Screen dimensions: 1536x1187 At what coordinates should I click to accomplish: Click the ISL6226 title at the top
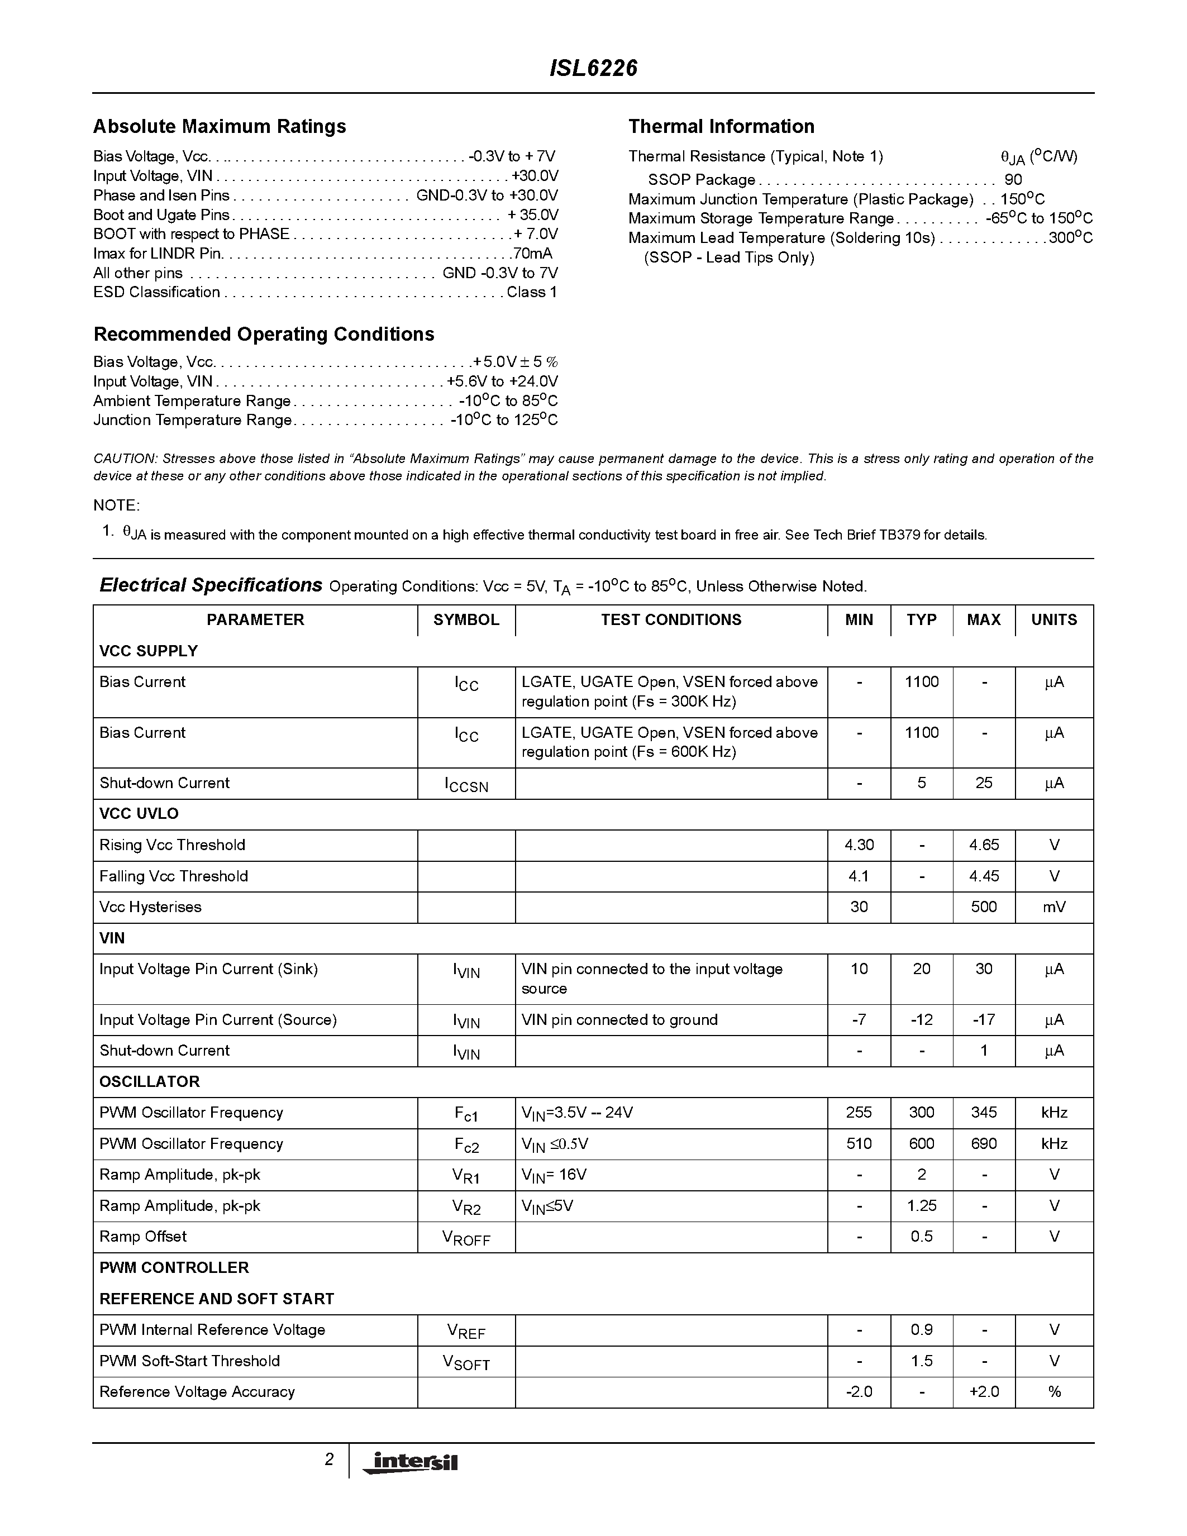(593, 68)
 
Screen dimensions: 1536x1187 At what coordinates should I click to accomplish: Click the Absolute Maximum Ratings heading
(220, 127)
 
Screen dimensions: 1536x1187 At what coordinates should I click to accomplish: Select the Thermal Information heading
(721, 127)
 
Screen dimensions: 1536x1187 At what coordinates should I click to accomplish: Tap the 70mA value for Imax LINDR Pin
(532, 253)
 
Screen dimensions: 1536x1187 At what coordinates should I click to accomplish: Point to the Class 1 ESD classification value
(532, 292)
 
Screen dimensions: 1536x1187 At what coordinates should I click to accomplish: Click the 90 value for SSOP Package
(1013, 179)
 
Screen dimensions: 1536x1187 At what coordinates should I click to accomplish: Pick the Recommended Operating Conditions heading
(264, 334)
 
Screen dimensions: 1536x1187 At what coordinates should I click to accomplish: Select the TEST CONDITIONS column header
(670, 619)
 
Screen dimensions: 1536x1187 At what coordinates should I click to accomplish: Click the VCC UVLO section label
(139, 814)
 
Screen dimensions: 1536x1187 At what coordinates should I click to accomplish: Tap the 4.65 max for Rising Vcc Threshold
(983, 845)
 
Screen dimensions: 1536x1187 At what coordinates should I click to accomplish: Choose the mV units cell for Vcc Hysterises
(1053, 907)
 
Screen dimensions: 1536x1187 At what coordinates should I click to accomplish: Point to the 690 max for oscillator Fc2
(983, 1143)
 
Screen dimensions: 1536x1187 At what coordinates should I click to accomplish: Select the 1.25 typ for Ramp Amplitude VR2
(921, 1205)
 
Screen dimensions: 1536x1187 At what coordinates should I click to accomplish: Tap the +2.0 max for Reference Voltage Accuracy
(983, 1391)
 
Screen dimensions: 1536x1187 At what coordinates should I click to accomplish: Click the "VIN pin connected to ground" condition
(619, 1020)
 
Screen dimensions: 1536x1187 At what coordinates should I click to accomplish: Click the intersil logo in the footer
(409, 1462)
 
